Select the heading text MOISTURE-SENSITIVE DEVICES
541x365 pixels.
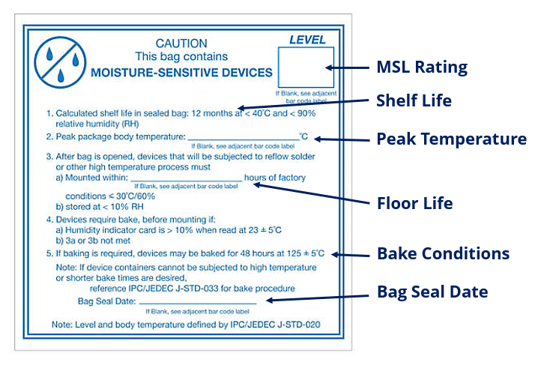coord(181,73)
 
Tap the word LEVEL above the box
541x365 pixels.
coord(308,40)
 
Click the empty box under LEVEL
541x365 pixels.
coord(306,67)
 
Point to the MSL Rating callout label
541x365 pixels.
coord(422,67)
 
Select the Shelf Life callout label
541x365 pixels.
coord(414,100)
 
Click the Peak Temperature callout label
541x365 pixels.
coord(451,139)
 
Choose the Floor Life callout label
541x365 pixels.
coord(414,202)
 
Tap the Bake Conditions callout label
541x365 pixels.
coord(442,253)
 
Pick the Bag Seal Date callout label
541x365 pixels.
coord(432,292)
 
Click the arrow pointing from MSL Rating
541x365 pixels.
coord(352,67)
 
